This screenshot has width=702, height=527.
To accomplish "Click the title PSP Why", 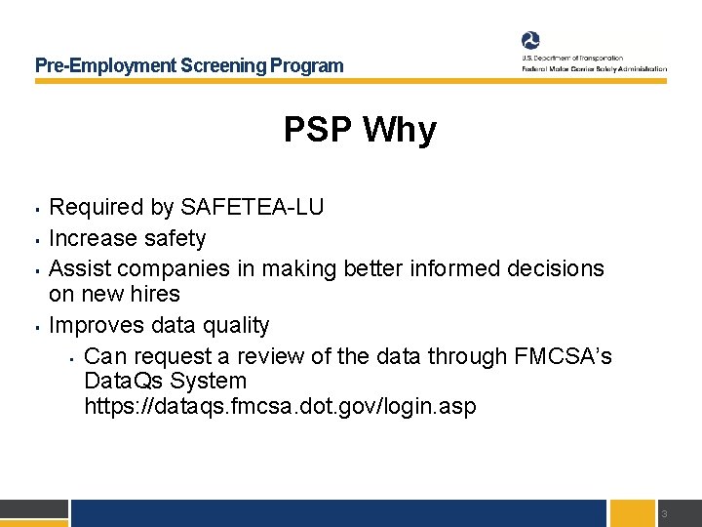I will tap(360, 130).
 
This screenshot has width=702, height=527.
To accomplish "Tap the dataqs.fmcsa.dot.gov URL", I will tap(281, 406).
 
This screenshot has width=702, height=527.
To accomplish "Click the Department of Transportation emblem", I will tap(530, 41).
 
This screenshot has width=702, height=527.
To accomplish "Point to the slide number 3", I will tap(663, 514).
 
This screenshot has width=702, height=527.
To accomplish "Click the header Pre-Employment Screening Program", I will tap(189, 66).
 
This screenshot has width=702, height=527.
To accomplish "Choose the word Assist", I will tap(79, 267).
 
